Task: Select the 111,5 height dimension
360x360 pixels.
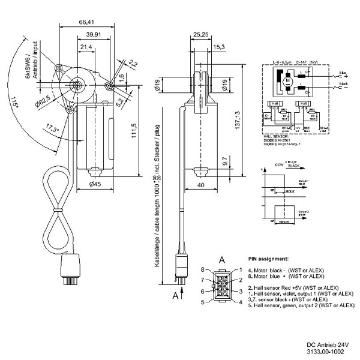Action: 133,128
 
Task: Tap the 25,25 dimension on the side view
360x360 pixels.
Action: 201,35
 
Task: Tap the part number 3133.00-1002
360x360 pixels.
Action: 325,352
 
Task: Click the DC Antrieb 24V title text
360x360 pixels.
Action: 327,344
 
